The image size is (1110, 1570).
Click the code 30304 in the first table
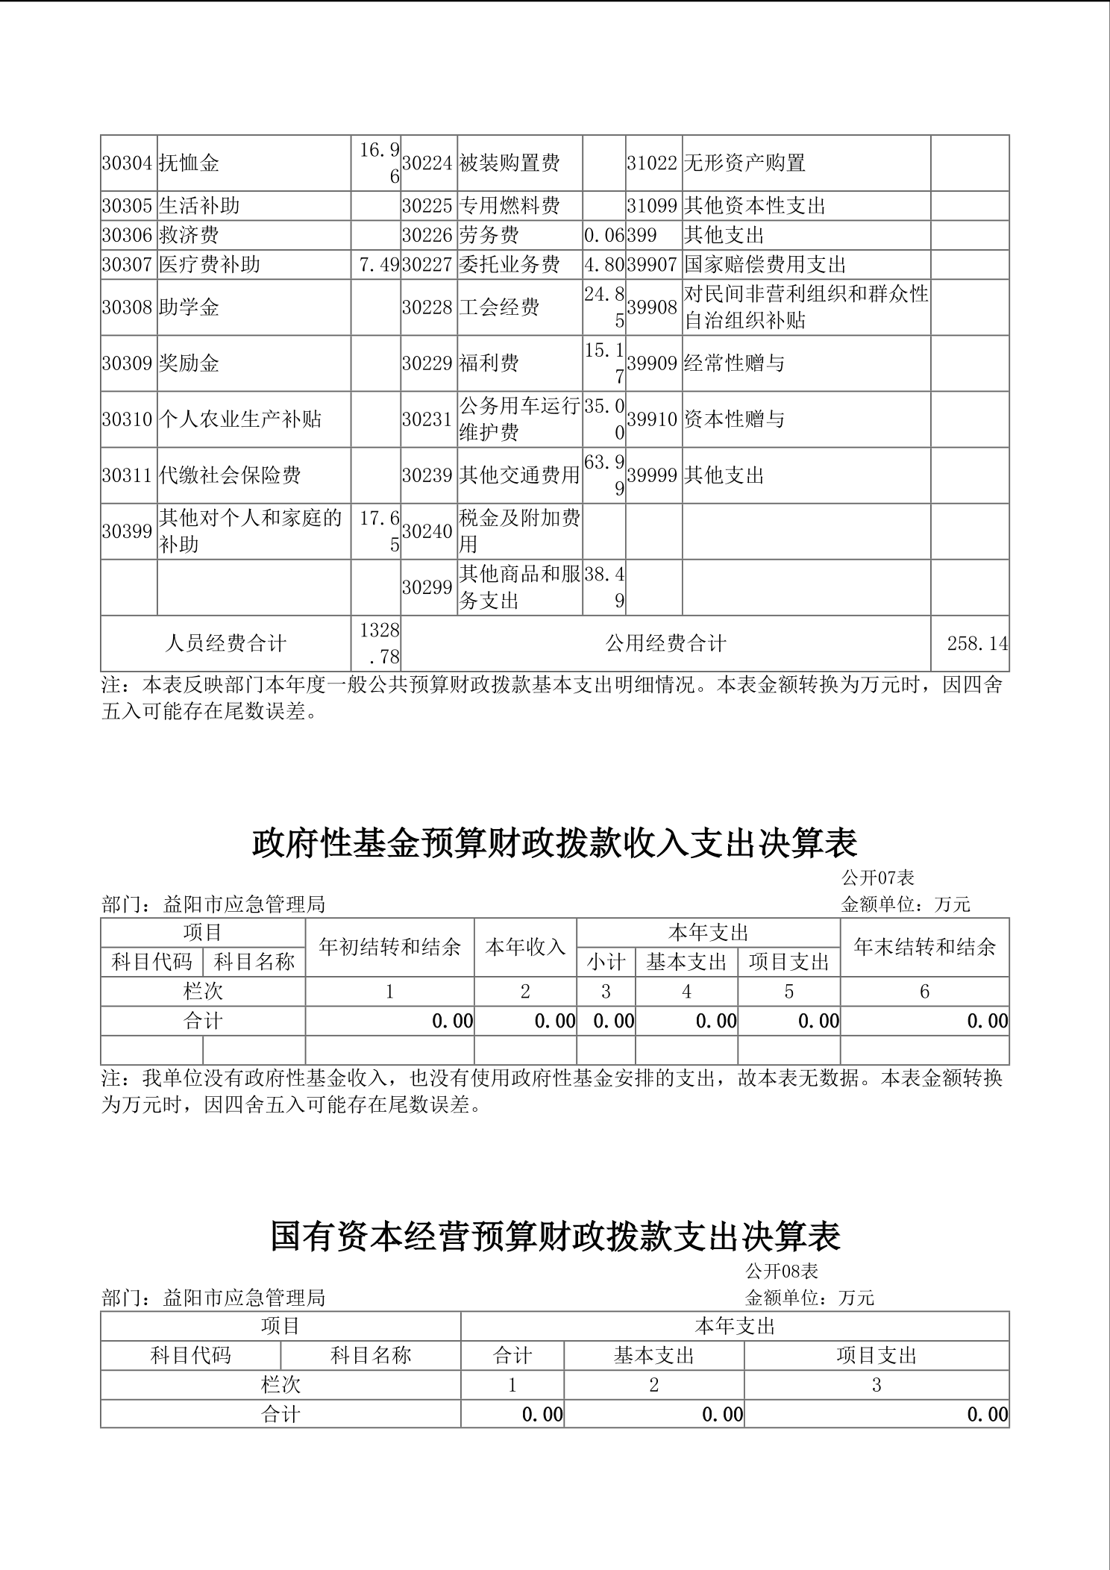point(127,163)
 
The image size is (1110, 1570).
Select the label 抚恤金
point(189,163)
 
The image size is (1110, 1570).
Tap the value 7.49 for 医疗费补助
point(379,265)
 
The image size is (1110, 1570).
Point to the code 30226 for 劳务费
point(427,236)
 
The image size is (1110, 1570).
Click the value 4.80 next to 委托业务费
point(604,265)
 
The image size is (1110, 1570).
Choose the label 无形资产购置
point(744,163)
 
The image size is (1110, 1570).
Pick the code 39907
point(652,265)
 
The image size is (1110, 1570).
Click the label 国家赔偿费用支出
point(765,265)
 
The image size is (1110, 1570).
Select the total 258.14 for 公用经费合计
point(977,643)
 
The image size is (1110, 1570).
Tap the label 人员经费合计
point(225,643)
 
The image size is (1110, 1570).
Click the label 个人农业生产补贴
point(239,419)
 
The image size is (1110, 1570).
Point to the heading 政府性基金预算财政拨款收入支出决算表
point(555,843)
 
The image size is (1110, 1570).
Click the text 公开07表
point(878,878)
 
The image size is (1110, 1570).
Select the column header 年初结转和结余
point(389,948)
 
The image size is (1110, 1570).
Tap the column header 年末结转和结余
point(924,948)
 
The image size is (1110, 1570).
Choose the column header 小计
point(606,963)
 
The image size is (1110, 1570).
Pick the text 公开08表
point(782,1271)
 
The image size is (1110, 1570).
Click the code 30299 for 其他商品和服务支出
point(427,588)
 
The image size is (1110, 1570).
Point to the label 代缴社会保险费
point(230,475)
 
